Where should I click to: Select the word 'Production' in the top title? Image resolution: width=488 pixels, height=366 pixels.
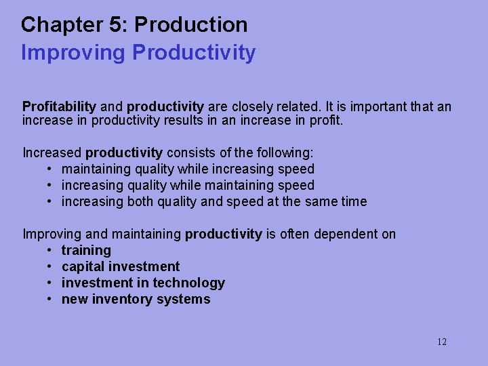[191, 25]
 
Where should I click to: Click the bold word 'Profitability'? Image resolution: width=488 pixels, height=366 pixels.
[60, 106]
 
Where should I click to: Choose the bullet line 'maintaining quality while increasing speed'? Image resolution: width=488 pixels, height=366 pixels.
[188, 169]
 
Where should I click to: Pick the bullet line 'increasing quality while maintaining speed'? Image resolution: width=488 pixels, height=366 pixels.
[188, 185]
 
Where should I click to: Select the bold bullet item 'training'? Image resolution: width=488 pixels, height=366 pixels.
[86, 250]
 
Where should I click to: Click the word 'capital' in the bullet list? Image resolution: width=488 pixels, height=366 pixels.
[83, 266]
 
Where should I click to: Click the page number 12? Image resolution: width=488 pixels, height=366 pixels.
[441, 342]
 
